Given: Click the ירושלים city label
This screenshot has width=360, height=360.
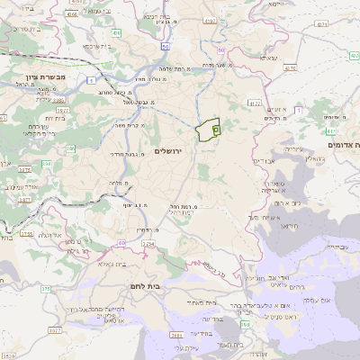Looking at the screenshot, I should tap(168, 150).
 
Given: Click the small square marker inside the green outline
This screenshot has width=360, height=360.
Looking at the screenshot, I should tap(215, 130).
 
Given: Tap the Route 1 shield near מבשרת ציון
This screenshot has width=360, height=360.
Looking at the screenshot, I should tap(93, 81).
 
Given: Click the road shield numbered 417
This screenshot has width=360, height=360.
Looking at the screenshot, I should tap(331, 130).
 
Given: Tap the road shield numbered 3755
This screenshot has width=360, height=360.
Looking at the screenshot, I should tap(25, 234).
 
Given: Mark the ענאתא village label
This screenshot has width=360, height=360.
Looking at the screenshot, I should tap(268, 58).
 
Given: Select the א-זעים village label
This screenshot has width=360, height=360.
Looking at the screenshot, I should tap(277, 109).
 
